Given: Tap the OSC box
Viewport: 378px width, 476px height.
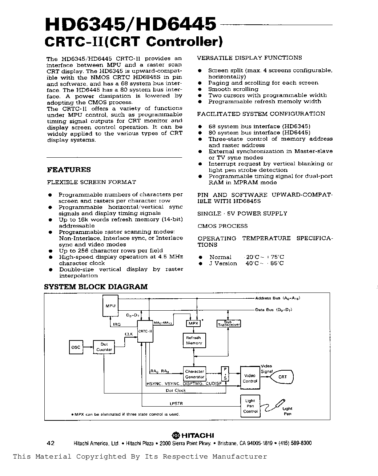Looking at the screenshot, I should coord(76,347).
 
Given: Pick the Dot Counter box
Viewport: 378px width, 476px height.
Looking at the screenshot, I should coord(104,347).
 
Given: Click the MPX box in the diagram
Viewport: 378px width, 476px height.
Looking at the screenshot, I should coord(193,323).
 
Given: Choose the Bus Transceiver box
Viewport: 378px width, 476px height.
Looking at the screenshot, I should coord(229,323).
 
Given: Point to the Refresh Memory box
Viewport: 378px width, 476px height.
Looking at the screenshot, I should coord(194,340).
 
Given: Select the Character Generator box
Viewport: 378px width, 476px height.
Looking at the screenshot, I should coord(194,374).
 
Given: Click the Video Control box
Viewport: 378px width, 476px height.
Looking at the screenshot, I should coord(250,378).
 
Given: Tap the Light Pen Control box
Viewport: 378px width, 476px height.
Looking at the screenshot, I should coord(250,406).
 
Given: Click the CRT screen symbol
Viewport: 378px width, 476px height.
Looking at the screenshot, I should coord(283,377).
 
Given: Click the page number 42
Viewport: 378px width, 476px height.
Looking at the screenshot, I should coord(51,443).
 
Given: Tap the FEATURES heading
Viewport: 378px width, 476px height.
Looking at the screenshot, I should coord(69,170).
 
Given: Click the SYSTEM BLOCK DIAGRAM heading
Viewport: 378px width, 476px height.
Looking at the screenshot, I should coord(96,287).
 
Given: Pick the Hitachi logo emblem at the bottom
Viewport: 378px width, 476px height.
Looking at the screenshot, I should coord(176,435).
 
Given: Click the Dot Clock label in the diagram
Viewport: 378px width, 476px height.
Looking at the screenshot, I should coord(176,391).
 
